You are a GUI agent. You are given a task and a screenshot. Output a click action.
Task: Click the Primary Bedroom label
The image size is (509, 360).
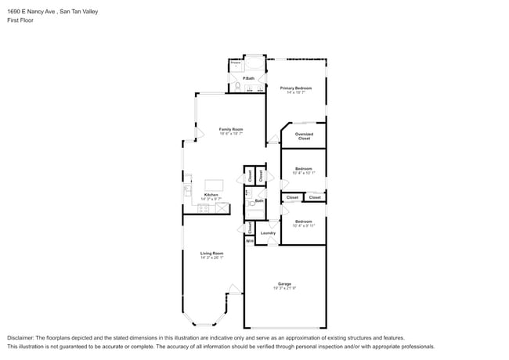(x=296, y=88)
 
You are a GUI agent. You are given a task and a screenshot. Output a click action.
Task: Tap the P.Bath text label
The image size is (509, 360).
(x=247, y=79)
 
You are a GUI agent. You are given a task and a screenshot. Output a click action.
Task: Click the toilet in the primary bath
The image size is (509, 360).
(x=236, y=86)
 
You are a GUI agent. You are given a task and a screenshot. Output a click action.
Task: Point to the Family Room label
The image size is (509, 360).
(x=230, y=129)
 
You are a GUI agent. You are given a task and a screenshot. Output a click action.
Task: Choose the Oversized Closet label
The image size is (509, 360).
(x=304, y=136)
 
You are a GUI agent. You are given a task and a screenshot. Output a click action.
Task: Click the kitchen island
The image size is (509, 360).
(x=214, y=185)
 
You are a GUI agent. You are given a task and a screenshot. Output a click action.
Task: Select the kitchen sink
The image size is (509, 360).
(x=188, y=190)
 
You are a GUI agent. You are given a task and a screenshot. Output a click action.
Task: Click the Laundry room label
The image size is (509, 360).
(x=267, y=233)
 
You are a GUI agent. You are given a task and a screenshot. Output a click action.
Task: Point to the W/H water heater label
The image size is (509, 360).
(x=249, y=241)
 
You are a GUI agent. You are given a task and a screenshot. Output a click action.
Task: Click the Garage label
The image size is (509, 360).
(x=284, y=283)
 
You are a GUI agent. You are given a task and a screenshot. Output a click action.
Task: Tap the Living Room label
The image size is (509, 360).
(x=211, y=254)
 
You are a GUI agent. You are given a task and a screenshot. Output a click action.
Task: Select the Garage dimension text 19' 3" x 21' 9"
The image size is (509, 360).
(x=284, y=289)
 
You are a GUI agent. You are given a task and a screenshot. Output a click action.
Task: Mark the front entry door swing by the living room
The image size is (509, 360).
(x=233, y=290)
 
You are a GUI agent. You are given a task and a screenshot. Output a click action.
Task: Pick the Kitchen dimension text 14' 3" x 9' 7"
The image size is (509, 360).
(x=211, y=200)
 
